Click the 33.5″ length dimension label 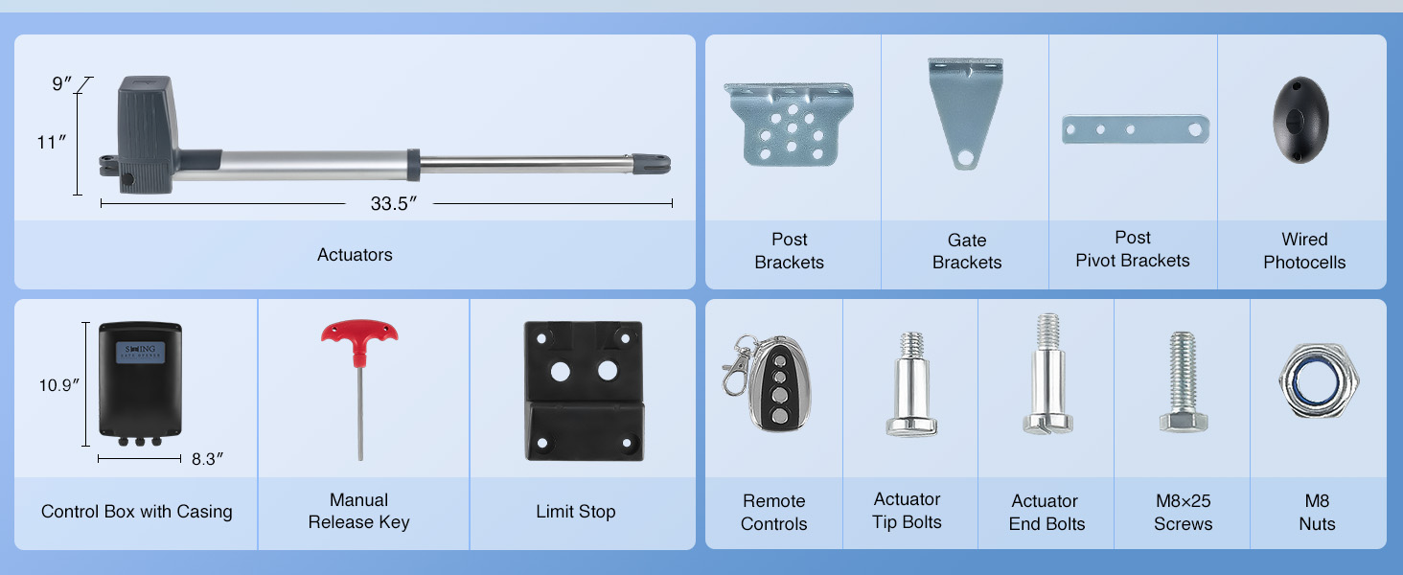(x=393, y=203)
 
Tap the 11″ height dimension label (x=52, y=142)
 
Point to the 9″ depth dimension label (x=62, y=83)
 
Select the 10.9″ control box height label (x=59, y=384)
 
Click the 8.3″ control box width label (x=207, y=459)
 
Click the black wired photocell (x=1300, y=120)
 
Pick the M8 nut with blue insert (x=1319, y=380)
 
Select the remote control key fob (x=780, y=383)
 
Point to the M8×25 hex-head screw (x=1183, y=381)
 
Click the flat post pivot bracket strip (x=1136, y=129)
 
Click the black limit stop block (x=584, y=391)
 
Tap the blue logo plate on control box (x=140, y=352)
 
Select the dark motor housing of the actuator (x=146, y=135)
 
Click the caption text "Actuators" (x=355, y=254)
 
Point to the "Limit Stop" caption (x=576, y=511)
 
